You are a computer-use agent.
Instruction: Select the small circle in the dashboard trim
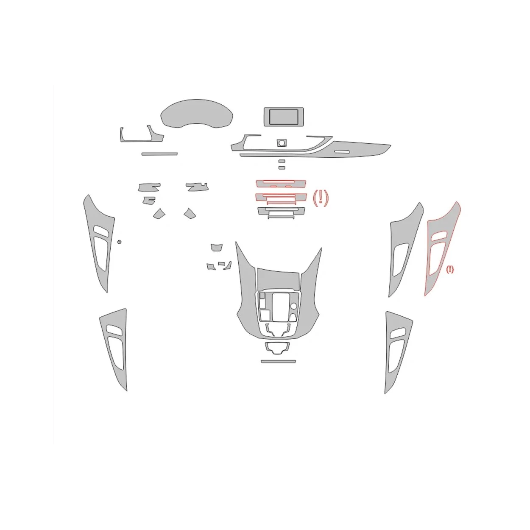coord(281,143)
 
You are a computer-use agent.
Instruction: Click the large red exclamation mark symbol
coord(321,198)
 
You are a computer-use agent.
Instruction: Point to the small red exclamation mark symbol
coord(449,269)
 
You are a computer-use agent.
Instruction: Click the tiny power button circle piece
coord(119,242)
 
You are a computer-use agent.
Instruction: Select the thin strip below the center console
coord(278,361)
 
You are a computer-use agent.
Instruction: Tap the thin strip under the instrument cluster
coord(159,153)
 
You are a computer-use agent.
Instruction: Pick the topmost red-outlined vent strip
coord(281,183)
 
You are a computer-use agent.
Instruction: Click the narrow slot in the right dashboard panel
coord(344,152)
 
